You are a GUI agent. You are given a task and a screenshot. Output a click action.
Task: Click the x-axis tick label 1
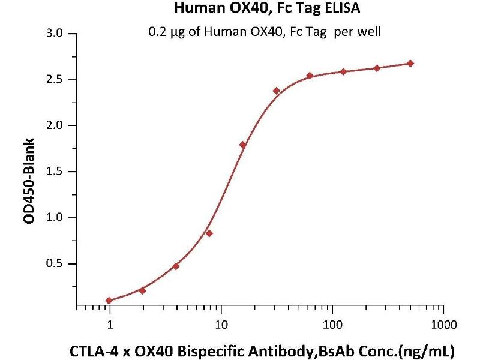click(110, 325)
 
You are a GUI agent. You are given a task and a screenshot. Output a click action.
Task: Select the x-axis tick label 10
click(221, 325)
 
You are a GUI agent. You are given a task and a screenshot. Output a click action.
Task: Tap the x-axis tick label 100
click(332, 325)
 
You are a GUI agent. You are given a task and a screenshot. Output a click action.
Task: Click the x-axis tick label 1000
click(443, 325)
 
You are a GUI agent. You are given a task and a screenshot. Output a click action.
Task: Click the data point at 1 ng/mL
click(109, 301)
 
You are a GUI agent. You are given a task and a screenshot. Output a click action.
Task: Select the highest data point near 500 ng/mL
click(410, 64)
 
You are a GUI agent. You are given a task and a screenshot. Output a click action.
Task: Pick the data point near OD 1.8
click(243, 145)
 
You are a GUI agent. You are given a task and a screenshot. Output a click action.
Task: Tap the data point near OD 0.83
click(209, 233)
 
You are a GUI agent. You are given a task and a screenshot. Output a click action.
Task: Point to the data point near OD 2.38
click(277, 91)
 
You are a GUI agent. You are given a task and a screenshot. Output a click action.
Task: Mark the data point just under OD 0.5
click(176, 266)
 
